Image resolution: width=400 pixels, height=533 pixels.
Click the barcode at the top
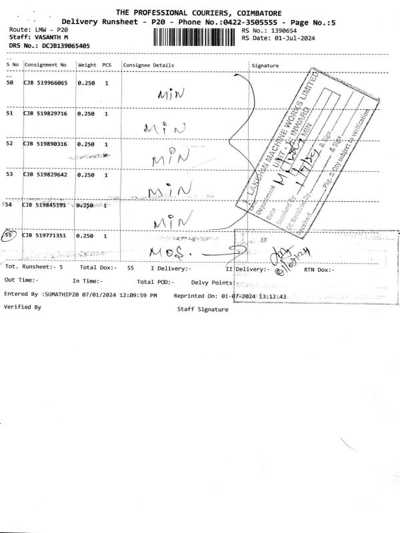[x=195, y=35]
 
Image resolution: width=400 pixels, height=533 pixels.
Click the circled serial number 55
[x=9, y=235]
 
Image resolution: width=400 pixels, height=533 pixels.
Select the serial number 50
[x=9, y=83]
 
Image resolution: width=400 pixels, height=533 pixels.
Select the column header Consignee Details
[x=148, y=65]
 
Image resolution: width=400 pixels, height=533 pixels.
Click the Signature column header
[x=265, y=65]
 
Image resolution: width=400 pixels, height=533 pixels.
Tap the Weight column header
[x=87, y=65]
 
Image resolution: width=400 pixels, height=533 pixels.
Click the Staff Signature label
[x=203, y=309]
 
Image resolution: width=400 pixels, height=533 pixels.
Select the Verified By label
[x=23, y=307]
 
